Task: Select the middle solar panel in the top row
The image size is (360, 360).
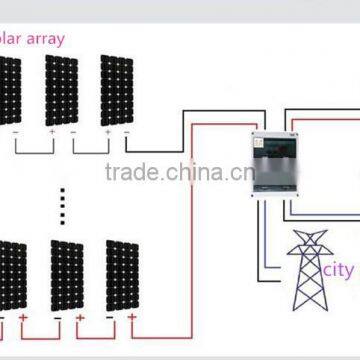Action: pyautogui.click(x=61, y=90)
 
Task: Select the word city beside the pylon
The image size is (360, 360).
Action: pyautogui.click(x=341, y=270)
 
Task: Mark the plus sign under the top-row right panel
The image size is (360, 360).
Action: pyautogui.click(x=106, y=131)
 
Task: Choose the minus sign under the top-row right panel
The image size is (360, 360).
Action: pyautogui.click(x=127, y=131)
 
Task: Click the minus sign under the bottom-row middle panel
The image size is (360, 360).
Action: pyautogui.click(x=56, y=322)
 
